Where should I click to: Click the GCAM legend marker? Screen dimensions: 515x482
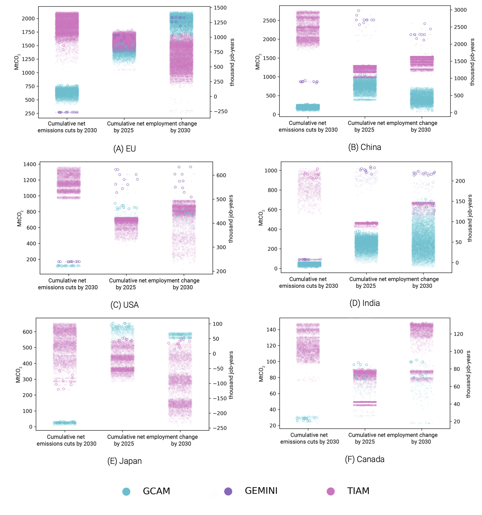tap(126, 491)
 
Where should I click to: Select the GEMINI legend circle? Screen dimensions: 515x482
tap(228, 491)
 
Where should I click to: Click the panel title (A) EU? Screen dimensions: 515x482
tap(125, 149)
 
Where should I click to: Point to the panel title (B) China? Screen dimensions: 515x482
tap(365, 147)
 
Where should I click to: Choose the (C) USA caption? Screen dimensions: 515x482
tap(125, 305)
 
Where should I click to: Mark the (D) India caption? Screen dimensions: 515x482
tap(365, 303)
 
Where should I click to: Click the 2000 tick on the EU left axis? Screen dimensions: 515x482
tap(28, 18)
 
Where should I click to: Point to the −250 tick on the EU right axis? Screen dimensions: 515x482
tap(220, 111)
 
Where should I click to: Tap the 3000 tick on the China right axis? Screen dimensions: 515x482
tap(460, 10)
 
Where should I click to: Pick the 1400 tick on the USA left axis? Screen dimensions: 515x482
tap(30, 164)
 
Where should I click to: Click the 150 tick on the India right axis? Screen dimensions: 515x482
tap(460, 201)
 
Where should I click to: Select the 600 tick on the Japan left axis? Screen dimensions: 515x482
tap(28, 332)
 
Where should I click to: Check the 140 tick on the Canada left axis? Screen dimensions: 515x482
tap(271, 330)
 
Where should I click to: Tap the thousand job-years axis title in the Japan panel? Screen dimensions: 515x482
tap(231, 375)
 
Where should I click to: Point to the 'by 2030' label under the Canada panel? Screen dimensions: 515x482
tap(421, 442)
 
